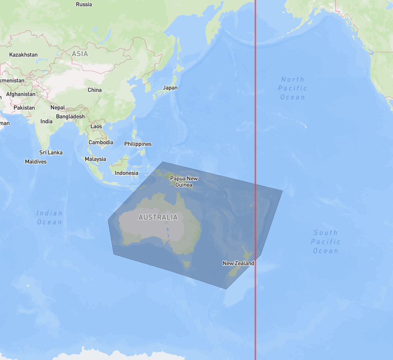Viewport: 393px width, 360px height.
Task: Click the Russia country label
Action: (x=84, y=5)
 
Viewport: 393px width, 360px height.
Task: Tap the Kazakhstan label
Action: (x=23, y=55)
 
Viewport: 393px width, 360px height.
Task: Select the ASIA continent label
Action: (x=80, y=54)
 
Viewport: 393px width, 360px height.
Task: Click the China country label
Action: (x=94, y=90)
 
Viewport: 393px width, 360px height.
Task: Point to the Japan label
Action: (x=170, y=87)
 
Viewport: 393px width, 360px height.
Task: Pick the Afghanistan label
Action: (x=21, y=94)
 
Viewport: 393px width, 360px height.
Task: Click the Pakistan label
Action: (x=24, y=108)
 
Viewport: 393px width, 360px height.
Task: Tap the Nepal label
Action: (x=58, y=107)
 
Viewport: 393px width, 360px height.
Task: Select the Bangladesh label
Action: (x=71, y=116)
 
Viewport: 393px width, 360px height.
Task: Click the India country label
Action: (x=46, y=121)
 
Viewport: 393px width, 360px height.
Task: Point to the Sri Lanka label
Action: (x=51, y=152)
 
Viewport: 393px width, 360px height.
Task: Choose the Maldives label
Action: (x=35, y=162)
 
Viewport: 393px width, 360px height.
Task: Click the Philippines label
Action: (x=138, y=144)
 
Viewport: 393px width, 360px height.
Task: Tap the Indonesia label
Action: (x=126, y=173)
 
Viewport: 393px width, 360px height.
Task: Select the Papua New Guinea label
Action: (x=184, y=182)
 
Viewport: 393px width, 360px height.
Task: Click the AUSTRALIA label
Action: (x=158, y=217)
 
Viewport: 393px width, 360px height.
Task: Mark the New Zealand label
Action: (x=238, y=263)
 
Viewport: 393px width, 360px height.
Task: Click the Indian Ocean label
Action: (x=50, y=217)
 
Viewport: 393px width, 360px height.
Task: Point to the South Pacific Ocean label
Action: (x=325, y=242)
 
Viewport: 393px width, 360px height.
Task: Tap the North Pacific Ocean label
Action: (x=293, y=88)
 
